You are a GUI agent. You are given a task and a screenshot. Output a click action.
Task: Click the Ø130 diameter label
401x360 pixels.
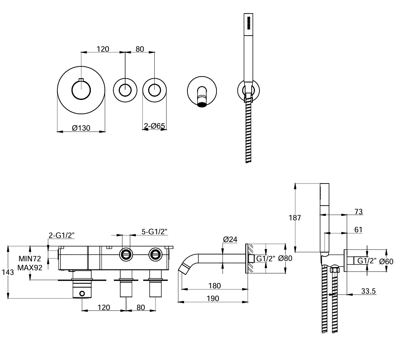tap(81, 127)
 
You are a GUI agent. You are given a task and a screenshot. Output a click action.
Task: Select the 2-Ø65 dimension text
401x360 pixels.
tap(155, 126)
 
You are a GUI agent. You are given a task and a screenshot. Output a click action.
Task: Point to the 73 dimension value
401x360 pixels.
tap(358, 211)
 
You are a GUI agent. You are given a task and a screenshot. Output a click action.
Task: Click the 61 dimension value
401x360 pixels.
tap(358, 230)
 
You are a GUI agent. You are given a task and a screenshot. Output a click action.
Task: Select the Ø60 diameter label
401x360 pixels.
tap(386, 261)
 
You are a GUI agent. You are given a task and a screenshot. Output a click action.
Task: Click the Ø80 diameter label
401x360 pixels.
tap(285, 258)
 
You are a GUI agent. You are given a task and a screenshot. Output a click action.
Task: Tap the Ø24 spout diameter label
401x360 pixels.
tap(231, 240)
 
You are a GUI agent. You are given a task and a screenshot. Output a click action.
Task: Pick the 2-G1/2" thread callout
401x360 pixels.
tap(61, 235)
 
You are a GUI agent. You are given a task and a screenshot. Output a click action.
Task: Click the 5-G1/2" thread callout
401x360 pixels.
tap(155, 232)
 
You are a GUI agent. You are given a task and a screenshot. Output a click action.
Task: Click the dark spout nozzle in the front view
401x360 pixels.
tap(202, 101)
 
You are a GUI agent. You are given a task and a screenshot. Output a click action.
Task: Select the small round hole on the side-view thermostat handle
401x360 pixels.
tap(82, 293)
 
